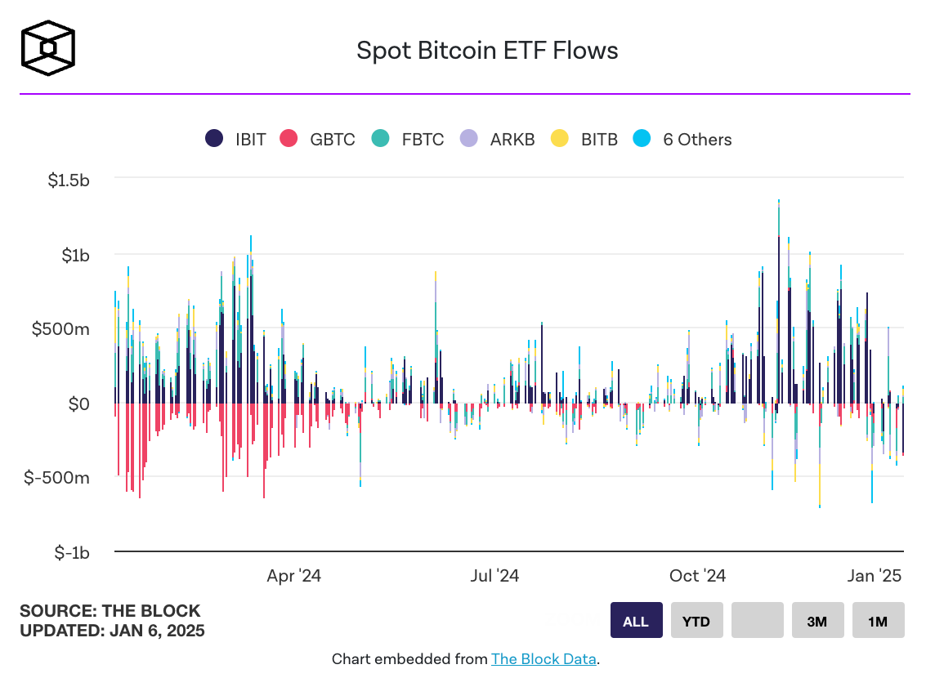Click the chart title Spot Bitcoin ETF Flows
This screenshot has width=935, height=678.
click(x=487, y=51)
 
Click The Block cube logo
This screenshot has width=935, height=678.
click(x=48, y=48)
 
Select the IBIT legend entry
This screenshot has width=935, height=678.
click(x=236, y=139)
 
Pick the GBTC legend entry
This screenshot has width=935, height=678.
click(x=318, y=139)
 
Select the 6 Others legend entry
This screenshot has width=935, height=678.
click(x=683, y=139)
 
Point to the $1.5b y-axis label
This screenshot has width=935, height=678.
click(x=69, y=181)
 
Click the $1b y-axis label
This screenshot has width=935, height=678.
click(x=75, y=255)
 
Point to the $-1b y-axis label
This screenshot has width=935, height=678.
click(x=72, y=552)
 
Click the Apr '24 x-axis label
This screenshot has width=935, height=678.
click(x=293, y=576)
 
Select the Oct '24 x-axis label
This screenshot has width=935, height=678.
click(x=697, y=576)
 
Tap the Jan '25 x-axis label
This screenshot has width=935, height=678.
click(x=875, y=576)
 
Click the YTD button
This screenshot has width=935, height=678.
click(x=696, y=621)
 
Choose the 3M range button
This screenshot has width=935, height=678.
click(x=816, y=621)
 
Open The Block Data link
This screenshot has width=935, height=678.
click(x=544, y=658)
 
